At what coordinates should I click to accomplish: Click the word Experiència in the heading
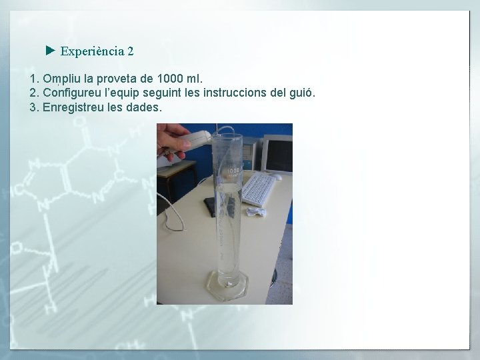91,51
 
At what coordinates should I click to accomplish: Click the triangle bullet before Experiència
50,50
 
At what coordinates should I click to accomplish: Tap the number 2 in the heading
131,51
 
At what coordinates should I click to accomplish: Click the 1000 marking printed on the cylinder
232,171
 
